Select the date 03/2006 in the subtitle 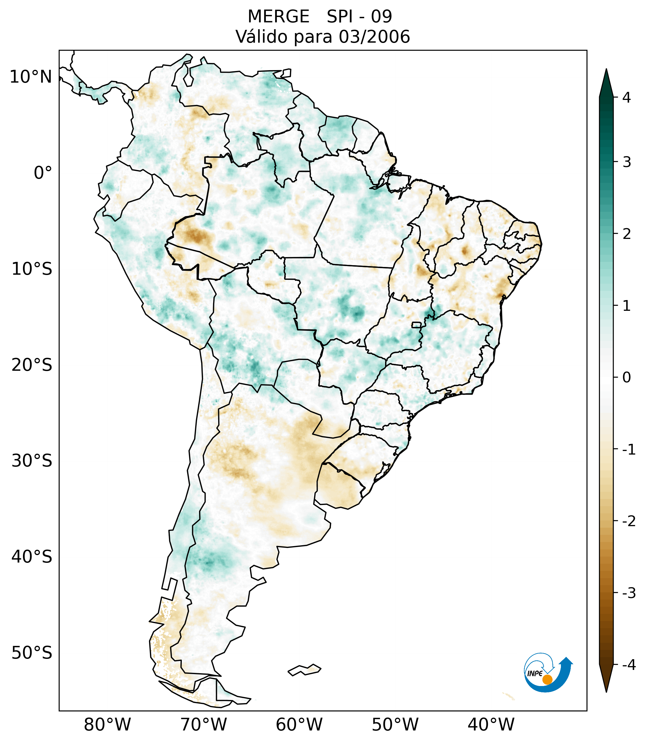click(374, 37)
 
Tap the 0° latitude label click(43, 173)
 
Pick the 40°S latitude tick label click(32, 557)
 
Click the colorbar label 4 click(626, 98)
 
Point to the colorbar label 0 click(626, 378)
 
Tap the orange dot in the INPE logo click(547, 679)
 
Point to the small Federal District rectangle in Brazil click(416, 325)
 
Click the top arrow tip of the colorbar click(606, 70)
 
